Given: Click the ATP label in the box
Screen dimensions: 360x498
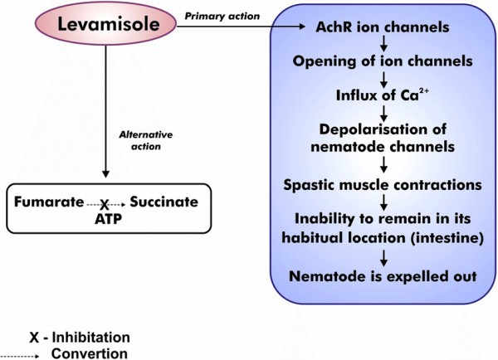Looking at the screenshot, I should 106,217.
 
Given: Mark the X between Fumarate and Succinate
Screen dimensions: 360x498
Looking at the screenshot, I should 105,205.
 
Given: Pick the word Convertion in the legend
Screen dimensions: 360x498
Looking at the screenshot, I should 90,353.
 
